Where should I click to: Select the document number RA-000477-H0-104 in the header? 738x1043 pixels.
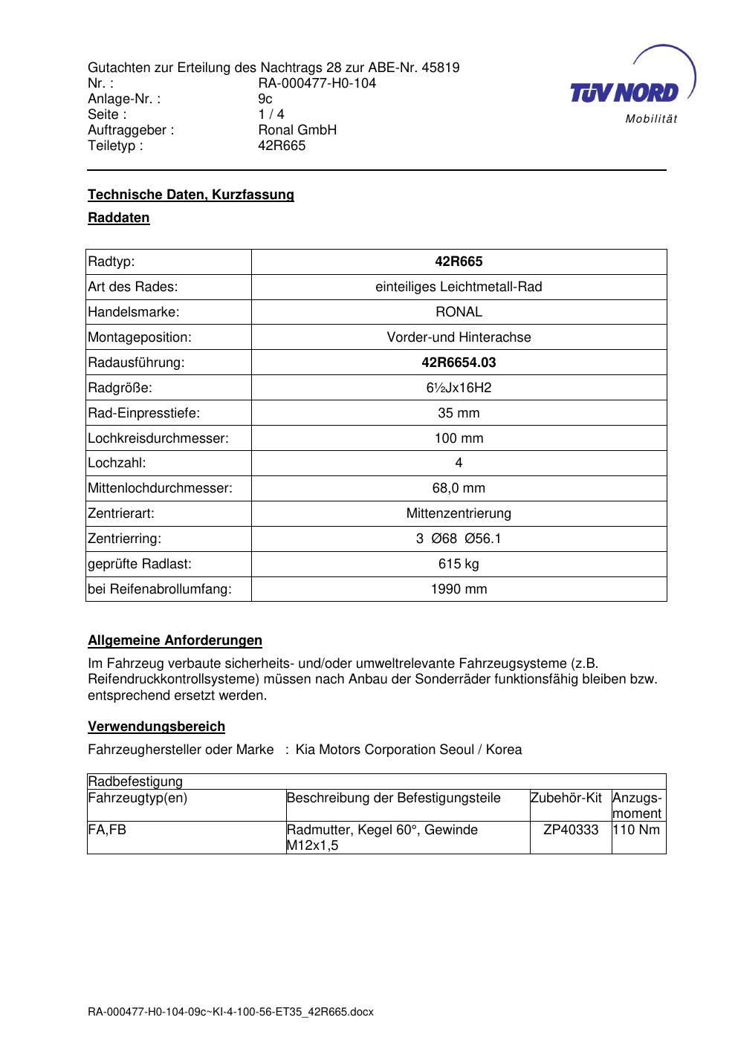[x=317, y=83]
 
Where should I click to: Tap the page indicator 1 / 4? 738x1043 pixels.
[x=271, y=114]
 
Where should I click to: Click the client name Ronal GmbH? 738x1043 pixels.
[x=297, y=130]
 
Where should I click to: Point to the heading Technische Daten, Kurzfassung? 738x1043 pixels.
[x=191, y=195]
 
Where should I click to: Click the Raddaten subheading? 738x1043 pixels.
[x=119, y=218]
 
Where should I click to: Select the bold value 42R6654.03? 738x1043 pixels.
[x=459, y=363]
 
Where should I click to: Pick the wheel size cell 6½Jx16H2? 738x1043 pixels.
[x=459, y=388]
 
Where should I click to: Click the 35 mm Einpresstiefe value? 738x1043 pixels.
[x=459, y=413]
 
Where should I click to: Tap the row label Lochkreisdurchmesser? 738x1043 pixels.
[x=158, y=438]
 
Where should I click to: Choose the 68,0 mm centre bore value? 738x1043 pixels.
[x=459, y=488]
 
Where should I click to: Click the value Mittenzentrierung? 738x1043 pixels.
[x=459, y=513]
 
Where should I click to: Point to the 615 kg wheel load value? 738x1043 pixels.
[x=459, y=564]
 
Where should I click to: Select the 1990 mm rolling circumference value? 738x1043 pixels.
[x=459, y=589]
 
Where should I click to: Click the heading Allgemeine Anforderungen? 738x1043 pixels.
[x=175, y=640]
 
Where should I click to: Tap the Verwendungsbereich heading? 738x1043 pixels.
[x=156, y=727]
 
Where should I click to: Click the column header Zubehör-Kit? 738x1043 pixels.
[x=566, y=798]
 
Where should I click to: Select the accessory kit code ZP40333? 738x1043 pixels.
[x=571, y=830]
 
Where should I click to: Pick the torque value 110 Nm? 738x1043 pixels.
[x=637, y=830]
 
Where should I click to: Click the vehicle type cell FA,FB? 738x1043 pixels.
[x=107, y=830]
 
